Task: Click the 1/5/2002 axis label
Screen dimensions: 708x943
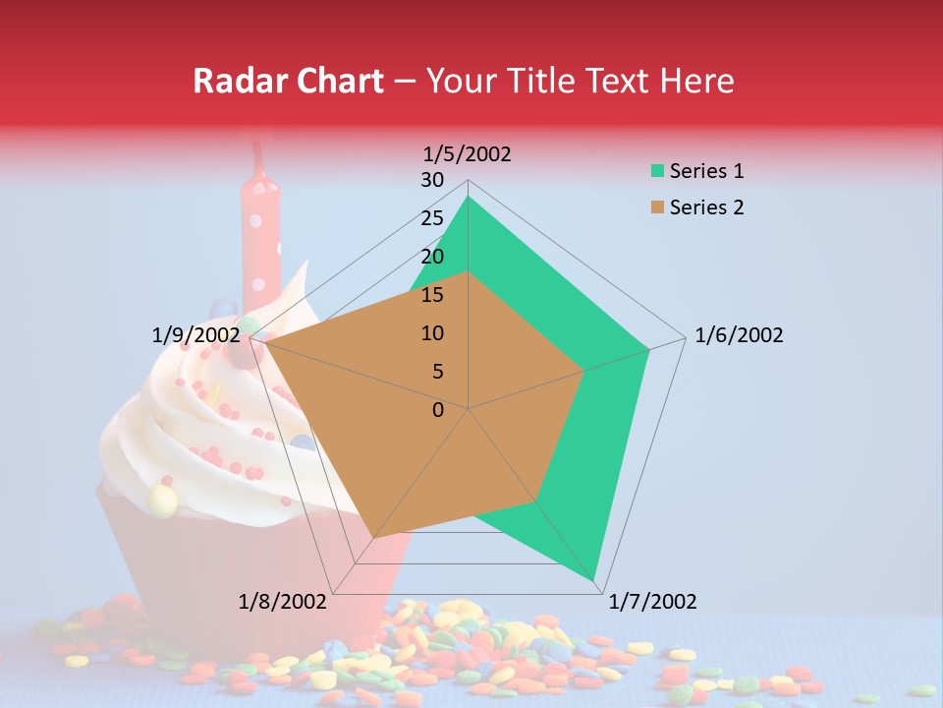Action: [x=468, y=153]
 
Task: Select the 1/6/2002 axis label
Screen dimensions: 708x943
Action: [x=739, y=335]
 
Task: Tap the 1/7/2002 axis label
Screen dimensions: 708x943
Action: [x=652, y=602]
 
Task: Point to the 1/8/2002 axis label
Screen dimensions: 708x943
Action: [x=283, y=602]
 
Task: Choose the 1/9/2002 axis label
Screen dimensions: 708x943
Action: [x=195, y=335]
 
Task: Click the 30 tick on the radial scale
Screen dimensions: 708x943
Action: [x=432, y=180]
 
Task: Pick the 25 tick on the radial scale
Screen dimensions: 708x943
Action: [x=432, y=218]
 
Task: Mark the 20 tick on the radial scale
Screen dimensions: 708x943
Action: [x=432, y=257]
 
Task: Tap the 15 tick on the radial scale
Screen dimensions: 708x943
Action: [x=432, y=295]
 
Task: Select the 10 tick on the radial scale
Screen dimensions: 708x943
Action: [x=432, y=333]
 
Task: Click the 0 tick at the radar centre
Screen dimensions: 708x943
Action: [x=438, y=410]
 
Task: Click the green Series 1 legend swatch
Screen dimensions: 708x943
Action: [x=656, y=171]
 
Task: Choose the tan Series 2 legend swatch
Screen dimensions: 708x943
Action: [x=656, y=207]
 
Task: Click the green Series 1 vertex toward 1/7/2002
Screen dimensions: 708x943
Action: [x=594, y=581]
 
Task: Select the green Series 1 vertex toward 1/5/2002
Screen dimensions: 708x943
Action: [x=469, y=197]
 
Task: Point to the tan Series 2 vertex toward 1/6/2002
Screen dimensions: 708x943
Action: [x=584, y=371]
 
